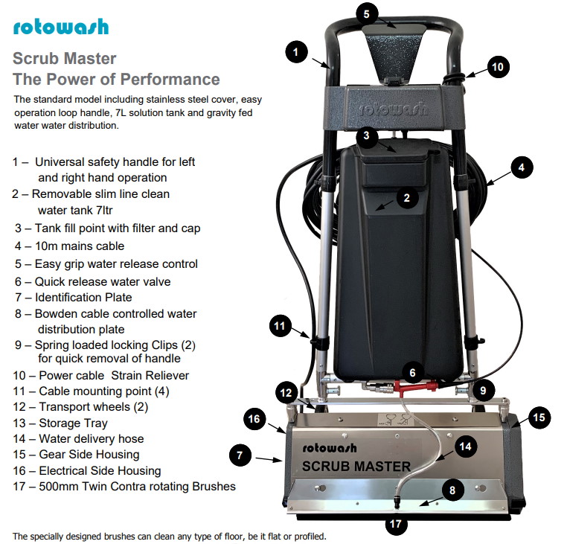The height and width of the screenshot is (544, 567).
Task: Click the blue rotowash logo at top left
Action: coord(60,27)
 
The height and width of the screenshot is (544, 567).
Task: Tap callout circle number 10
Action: coord(498,67)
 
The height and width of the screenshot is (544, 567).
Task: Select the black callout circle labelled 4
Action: coord(522,167)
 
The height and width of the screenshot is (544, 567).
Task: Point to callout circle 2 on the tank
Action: coord(406,197)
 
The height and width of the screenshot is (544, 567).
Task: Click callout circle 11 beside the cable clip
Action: coord(279,326)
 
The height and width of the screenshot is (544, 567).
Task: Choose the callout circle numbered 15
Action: coord(539,417)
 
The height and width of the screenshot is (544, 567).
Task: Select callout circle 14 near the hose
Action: coord(465,447)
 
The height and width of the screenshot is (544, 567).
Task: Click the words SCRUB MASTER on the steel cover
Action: coord(356,467)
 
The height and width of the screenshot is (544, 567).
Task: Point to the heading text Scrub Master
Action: coord(64,58)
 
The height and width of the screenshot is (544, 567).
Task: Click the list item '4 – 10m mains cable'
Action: coord(68,246)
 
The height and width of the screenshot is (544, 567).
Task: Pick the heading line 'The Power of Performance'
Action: coord(116,79)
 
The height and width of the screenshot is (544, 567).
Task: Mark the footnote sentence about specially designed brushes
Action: coord(169,536)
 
